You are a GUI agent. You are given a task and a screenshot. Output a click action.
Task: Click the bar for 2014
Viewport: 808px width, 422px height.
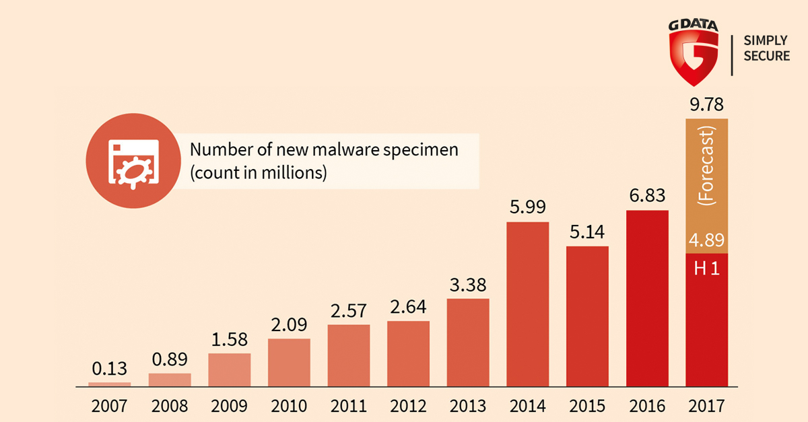click(x=527, y=304)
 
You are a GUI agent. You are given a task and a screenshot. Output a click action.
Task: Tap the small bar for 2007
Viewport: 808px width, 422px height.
click(x=109, y=384)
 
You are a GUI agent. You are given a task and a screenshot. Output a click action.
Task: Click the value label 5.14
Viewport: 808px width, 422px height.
click(x=586, y=232)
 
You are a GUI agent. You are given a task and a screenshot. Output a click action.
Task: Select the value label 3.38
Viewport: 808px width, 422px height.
click(x=467, y=285)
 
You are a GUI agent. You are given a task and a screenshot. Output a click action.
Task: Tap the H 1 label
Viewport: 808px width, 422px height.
click(x=706, y=269)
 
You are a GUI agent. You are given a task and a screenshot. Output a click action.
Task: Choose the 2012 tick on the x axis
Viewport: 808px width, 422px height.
click(x=408, y=406)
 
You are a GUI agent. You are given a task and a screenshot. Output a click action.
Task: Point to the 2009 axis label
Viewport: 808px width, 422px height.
click(x=229, y=406)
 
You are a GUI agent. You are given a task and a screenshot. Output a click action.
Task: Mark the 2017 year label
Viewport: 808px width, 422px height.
click(x=706, y=406)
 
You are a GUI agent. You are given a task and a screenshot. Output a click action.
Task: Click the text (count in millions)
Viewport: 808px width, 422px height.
click(x=258, y=172)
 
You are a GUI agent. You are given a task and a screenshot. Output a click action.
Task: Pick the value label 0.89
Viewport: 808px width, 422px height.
click(x=169, y=359)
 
